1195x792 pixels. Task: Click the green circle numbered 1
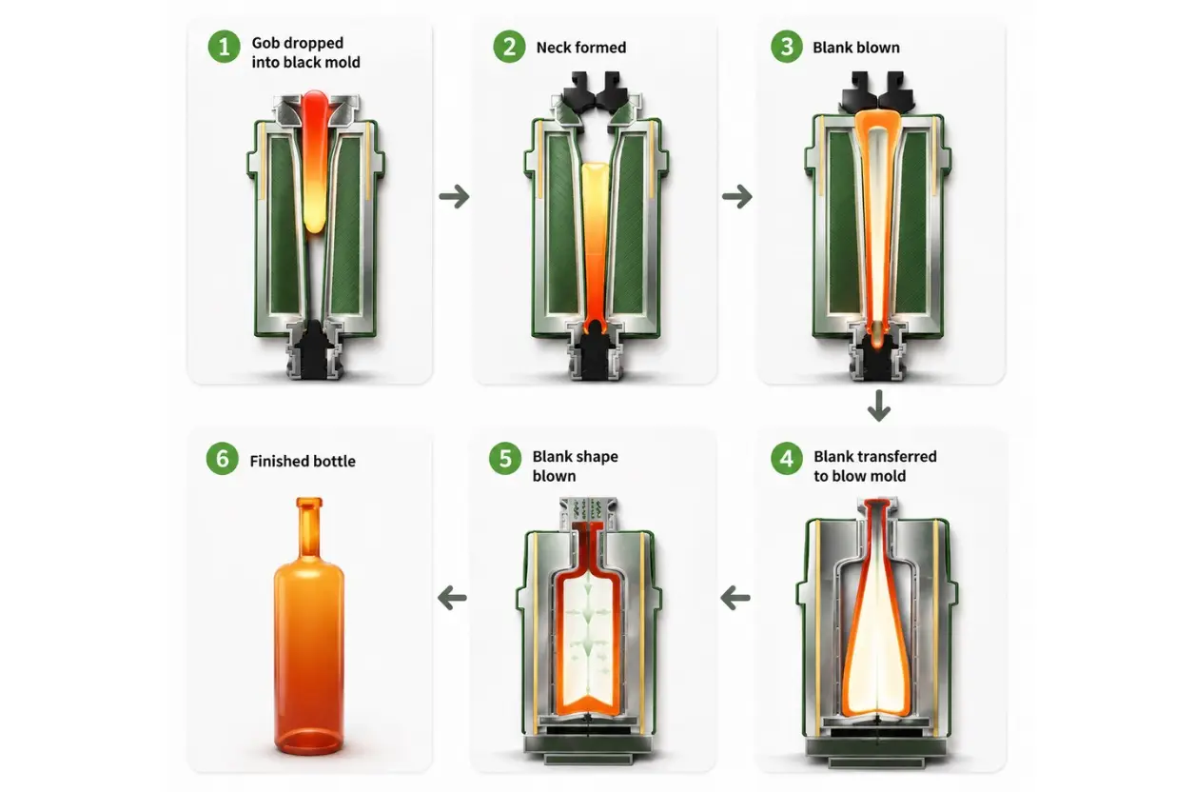225,47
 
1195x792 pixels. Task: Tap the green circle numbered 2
509,47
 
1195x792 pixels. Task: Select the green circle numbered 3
786,47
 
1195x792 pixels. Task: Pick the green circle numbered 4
786,458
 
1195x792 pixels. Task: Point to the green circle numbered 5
504,458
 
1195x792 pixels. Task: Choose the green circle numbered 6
222,458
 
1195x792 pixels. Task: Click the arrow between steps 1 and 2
454,196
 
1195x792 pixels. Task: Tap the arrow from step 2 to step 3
736,196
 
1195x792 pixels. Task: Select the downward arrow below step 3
878,406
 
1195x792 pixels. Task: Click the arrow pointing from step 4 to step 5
735,598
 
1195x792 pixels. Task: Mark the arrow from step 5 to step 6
452,598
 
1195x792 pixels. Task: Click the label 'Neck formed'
581,48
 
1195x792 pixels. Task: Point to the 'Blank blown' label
855,48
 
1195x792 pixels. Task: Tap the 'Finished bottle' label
303,461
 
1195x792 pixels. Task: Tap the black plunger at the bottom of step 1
314,348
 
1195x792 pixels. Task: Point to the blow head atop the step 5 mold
588,513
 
